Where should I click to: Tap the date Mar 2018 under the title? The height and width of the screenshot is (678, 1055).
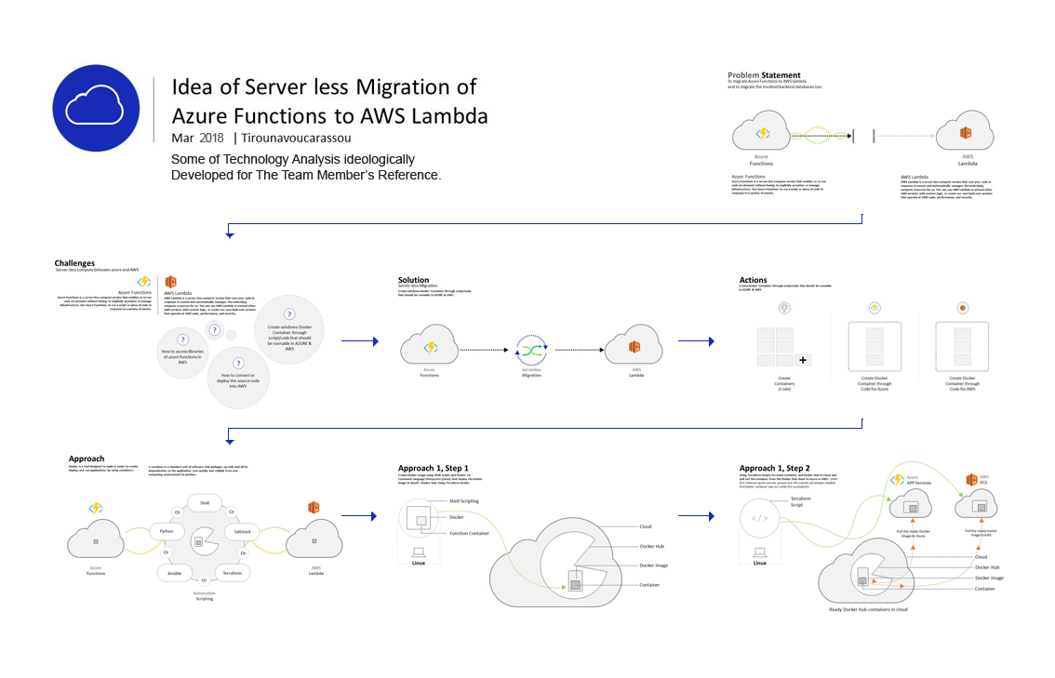tap(197, 138)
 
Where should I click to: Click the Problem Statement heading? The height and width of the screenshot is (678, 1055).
tap(764, 75)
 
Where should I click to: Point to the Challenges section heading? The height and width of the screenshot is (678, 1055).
tap(74, 263)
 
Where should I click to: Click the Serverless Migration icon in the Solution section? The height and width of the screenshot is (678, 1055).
tap(531, 350)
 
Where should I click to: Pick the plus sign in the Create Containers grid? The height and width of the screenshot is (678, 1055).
tap(803, 359)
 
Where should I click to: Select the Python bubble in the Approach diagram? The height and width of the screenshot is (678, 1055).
tap(167, 531)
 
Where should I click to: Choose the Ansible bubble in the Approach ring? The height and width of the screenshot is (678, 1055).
tap(175, 573)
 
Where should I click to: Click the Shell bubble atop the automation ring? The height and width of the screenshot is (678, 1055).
tap(205, 502)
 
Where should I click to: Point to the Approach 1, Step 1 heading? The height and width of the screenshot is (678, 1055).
tap(433, 468)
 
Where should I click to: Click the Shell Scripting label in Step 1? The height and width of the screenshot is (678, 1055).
tap(463, 500)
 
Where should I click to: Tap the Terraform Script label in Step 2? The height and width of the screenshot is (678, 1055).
tap(803, 502)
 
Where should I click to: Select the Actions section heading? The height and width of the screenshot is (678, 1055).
tap(753, 280)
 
